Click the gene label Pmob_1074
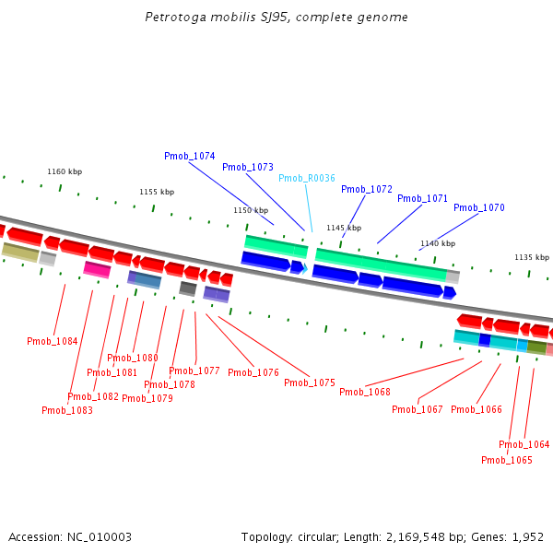[x=190, y=157]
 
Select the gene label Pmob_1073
[x=248, y=168]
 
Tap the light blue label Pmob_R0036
[x=307, y=179]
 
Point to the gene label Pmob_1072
[x=367, y=190]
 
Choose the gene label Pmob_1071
[x=423, y=199]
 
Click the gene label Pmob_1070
[x=479, y=208]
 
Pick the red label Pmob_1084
[x=53, y=342]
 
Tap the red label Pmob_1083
[x=67, y=411]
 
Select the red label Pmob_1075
[x=310, y=383]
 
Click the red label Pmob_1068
[x=365, y=393]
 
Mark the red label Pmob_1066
[x=477, y=410]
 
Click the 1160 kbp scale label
[x=65, y=172]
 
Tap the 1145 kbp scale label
[x=344, y=229]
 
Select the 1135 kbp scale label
[x=532, y=258]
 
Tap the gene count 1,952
[x=528, y=537]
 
